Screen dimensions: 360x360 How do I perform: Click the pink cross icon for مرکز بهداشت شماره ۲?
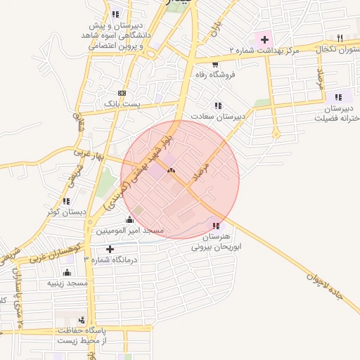tap(265, 39)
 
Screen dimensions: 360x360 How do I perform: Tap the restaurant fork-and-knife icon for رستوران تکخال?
tap(340, 37)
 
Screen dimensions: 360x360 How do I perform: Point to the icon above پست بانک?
tap(122, 93)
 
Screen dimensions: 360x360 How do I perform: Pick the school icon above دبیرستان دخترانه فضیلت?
tap(339, 98)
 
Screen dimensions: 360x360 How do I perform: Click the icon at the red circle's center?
tap(171, 170)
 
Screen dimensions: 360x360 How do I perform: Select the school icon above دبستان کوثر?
tap(66, 200)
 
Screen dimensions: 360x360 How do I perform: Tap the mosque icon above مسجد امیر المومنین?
tap(129, 219)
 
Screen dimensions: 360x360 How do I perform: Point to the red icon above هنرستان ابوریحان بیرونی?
tap(216, 226)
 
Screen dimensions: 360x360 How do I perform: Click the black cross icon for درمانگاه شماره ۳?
tap(110, 249)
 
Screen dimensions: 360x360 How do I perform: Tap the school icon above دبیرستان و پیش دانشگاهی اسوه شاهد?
tap(115, 14)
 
